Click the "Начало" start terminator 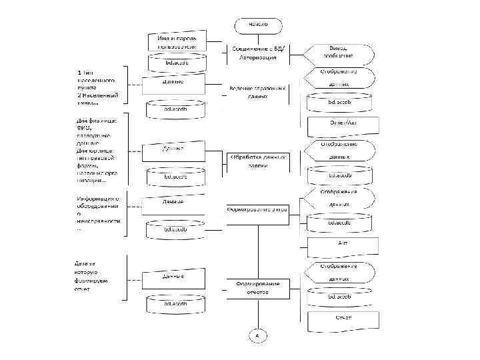point(259,25)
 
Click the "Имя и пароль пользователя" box point(175,42)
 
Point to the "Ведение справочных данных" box point(259,92)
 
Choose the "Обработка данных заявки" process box point(259,161)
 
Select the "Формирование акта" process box point(257,209)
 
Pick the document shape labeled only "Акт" point(341,245)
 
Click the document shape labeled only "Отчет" point(341,319)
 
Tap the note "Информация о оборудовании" point(98,213)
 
